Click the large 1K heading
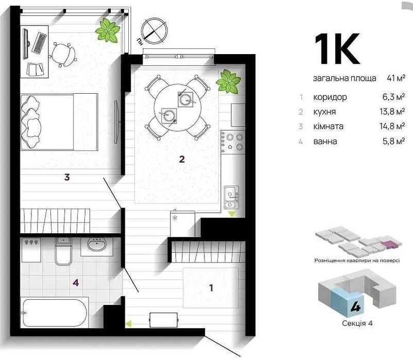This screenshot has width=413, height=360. click(337, 49)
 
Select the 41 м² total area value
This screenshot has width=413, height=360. click(396, 78)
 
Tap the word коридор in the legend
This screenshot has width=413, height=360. click(330, 97)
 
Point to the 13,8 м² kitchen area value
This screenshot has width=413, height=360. click(392, 112)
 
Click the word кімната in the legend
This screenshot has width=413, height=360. click(328, 126)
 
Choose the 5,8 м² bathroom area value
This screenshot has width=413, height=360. click(394, 142)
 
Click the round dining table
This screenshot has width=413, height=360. click(178, 108)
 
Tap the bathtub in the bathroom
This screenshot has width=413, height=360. click(55, 313)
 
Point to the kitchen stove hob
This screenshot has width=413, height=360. click(233, 142)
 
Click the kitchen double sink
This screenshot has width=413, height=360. click(232, 197)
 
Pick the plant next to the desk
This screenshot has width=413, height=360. click(108, 30)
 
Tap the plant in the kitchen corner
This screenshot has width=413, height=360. click(228, 81)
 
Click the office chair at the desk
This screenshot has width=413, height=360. click(63, 55)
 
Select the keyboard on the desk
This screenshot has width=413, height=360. click(40, 43)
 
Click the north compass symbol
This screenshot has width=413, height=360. click(154, 31)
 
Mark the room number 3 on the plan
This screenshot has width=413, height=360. click(67, 177)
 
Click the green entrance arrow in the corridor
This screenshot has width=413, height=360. click(128, 323)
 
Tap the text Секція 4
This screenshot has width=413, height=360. click(357, 323)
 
